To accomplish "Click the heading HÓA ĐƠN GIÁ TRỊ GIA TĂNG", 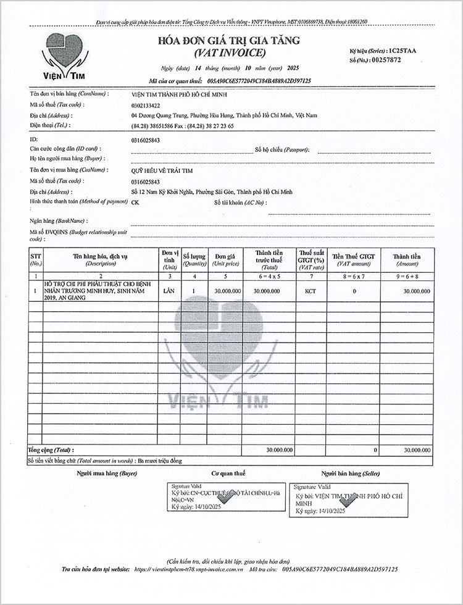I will (229, 41).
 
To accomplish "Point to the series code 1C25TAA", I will (399, 51).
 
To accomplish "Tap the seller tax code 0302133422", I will (146, 105).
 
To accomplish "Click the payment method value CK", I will (136, 202).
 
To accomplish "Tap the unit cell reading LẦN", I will (166, 290).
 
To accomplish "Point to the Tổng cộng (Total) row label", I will (50, 451).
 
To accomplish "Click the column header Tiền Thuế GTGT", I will (353, 255).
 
